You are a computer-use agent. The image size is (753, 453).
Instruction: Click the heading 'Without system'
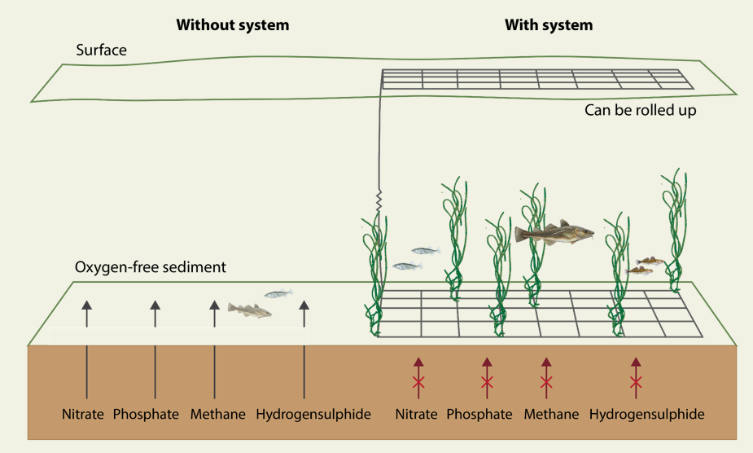233,25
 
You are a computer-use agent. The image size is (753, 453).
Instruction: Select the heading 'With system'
549,25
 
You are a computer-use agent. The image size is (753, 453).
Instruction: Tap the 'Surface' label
101,51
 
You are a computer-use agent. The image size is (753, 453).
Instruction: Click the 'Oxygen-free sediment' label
151,267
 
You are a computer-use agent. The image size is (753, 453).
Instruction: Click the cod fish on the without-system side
249,310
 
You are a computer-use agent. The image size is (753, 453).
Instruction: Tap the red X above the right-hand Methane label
546,383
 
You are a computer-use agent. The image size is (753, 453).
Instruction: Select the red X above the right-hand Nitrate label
418,383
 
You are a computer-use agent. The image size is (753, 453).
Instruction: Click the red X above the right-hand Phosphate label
487,383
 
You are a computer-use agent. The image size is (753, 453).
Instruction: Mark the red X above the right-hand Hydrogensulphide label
636,383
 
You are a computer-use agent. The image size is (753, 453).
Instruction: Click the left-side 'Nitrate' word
83,415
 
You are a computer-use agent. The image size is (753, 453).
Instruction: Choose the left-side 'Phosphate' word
146,415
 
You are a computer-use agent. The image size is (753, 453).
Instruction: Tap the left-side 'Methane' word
218,415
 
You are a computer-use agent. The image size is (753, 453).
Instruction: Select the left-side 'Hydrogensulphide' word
313,415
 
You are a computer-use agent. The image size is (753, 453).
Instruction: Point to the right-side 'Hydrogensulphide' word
647,415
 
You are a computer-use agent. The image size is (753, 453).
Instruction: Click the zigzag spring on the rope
378,199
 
